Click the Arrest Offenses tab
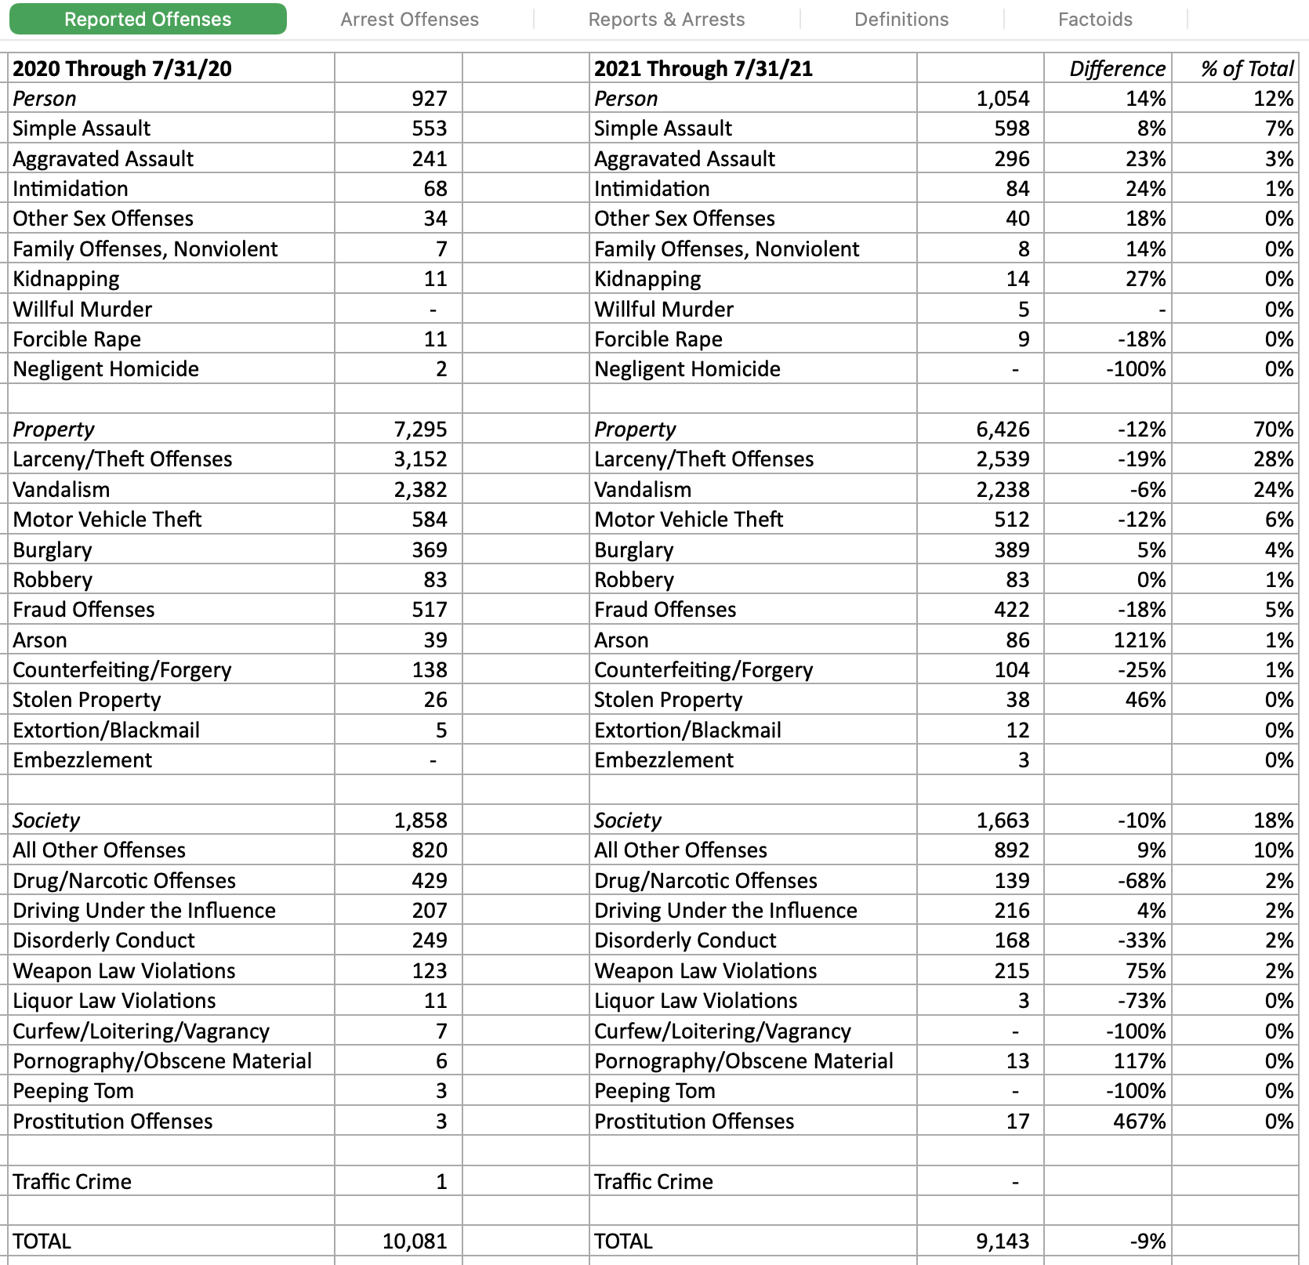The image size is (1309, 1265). click(409, 20)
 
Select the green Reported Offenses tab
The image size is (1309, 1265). click(147, 20)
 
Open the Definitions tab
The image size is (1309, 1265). click(901, 20)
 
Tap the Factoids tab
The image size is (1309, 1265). click(1095, 20)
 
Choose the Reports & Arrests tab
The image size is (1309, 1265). click(666, 20)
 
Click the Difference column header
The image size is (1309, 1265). click(1117, 69)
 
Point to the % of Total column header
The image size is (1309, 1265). click(1246, 69)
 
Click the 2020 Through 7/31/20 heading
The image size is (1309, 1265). click(122, 69)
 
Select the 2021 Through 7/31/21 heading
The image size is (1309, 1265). click(703, 69)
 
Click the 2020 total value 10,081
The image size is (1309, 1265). click(415, 1241)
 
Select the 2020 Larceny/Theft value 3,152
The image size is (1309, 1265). click(420, 459)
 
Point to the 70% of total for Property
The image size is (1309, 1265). click(1273, 430)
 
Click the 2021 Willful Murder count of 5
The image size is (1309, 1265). click(1023, 310)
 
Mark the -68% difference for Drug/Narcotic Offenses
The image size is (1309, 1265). click(1141, 881)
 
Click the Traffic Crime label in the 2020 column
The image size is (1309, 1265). click(72, 1182)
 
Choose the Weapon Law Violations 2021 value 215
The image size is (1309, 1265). click(1011, 971)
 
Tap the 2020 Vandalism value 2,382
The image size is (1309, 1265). click(420, 490)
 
